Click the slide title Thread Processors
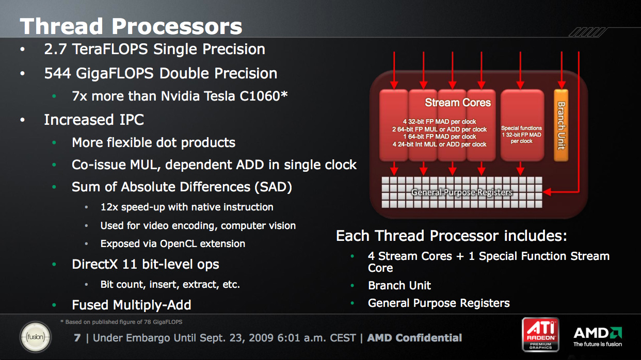point(131,26)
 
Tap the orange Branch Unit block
point(561,125)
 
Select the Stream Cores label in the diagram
point(458,102)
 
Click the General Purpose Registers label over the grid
point(461,192)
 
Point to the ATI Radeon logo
point(540,334)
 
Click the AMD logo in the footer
point(598,337)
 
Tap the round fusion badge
point(36,337)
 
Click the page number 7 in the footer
point(77,338)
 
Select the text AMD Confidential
point(414,338)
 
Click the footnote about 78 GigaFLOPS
point(121,322)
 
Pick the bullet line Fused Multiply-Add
point(131,305)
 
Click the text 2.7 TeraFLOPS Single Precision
point(154,49)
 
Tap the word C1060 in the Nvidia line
point(263,96)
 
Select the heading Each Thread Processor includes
point(451,236)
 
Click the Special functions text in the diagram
point(521,128)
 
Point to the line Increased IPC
point(94,120)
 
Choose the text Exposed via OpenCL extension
point(173,243)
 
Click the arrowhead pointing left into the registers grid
point(547,192)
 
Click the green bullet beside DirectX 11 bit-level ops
point(54,264)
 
